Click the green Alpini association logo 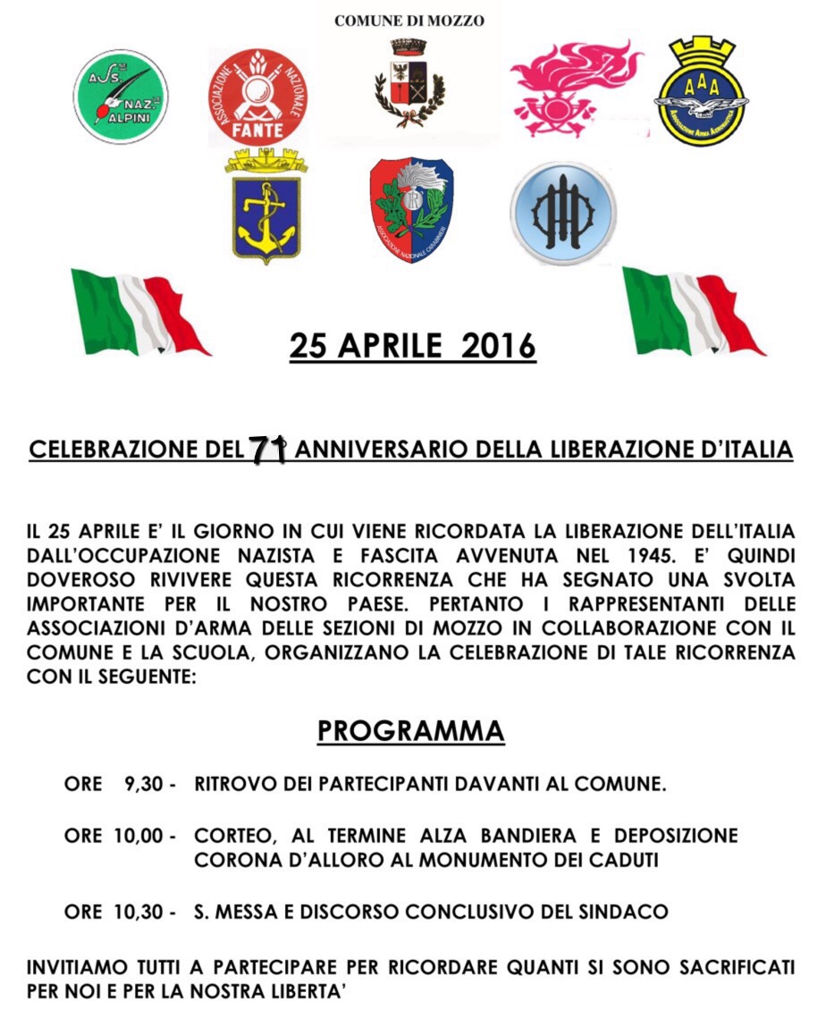coord(120,97)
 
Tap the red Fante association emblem coord(258,97)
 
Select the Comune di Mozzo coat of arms coord(409,85)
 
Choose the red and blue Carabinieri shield coord(411,209)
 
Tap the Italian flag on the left coord(138,311)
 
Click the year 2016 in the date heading coord(498,346)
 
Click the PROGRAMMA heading coord(411,730)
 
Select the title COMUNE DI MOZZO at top coord(409,21)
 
